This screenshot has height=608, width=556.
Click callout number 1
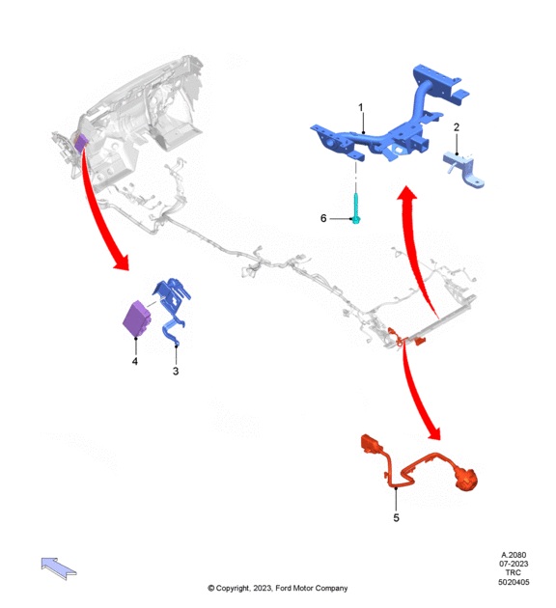tap(361, 107)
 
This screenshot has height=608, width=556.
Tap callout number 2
tap(457, 127)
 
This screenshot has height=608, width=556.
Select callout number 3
tap(176, 372)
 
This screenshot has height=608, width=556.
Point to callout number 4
tap(134, 361)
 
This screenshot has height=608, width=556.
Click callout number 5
tap(396, 517)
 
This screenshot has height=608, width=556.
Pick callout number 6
tap(323, 218)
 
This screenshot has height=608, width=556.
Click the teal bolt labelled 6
tap(356, 209)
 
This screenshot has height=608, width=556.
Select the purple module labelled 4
tap(137, 318)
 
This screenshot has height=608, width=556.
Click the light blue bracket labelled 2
tap(463, 169)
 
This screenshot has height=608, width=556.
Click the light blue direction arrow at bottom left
tap(59, 568)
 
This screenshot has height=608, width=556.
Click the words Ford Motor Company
tap(312, 589)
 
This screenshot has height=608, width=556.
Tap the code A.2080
tap(514, 555)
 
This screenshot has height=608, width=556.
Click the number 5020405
tap(514, 582)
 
